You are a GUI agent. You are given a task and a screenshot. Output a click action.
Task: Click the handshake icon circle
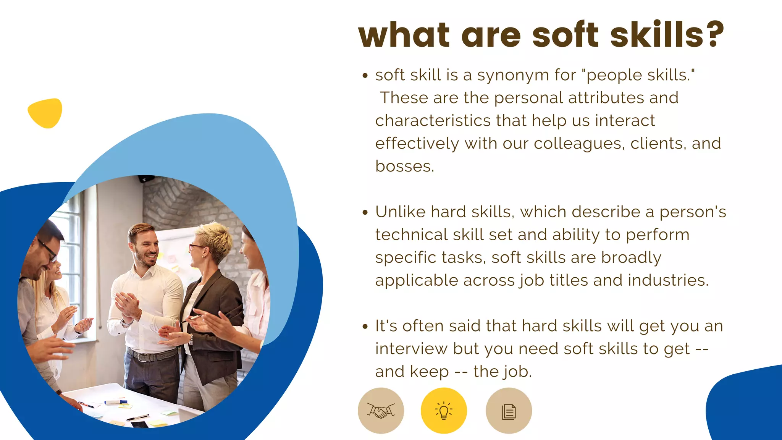(381, 411)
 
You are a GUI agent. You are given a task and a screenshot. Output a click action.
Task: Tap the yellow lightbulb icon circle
(444, 411)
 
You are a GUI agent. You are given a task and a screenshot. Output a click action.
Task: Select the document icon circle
(509, 411)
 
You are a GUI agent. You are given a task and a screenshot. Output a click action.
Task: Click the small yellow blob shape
(45, 113)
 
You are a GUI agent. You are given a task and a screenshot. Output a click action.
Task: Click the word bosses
(405, 167)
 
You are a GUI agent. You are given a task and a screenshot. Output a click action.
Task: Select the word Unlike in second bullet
(400, 212)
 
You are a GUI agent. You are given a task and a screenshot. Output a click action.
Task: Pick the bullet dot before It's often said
(365, 327)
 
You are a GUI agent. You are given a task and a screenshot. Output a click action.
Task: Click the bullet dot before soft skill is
(365, 76)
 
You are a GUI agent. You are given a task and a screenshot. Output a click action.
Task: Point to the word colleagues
(579, 144)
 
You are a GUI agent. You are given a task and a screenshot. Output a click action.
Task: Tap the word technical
(411, 235)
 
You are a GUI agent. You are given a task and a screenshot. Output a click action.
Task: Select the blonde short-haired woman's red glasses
(197, 247)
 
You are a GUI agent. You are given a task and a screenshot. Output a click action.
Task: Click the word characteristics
(433, 121)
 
